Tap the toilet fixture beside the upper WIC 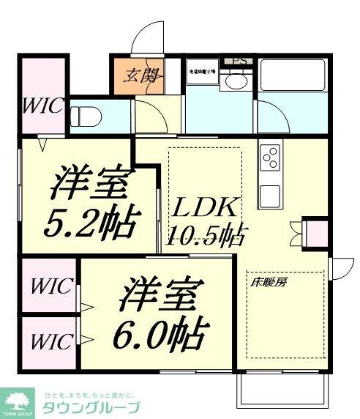[86, 116]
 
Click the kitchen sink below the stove [269, 193]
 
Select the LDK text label [204, 208]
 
